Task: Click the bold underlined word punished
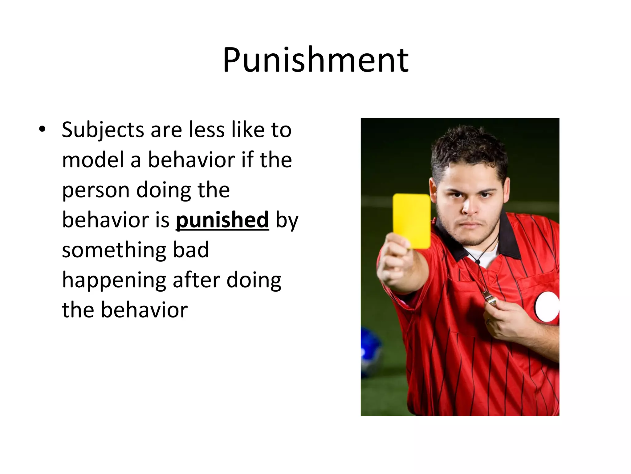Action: click(x=222, y=220)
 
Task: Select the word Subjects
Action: click(x=103, y=130)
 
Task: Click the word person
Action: click(x=96, y=191)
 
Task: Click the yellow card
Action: click(x=412, y=221)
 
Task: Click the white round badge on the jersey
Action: click(x=547, y=306)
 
